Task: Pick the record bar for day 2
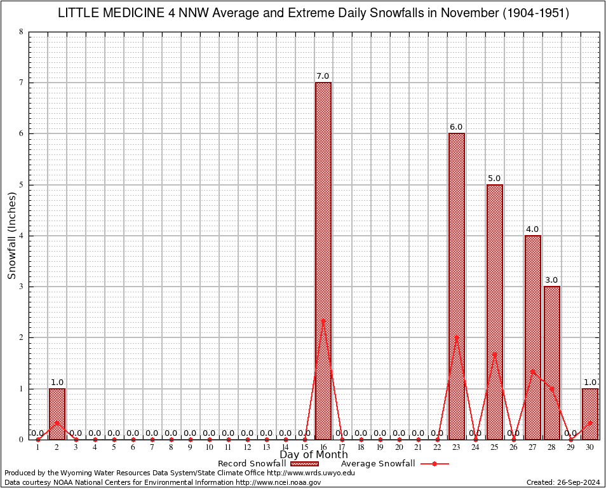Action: (x=57, y=414)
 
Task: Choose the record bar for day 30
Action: (x=590, y=414)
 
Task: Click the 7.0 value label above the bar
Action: (x=323, y=76)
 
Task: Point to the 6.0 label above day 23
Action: (x=456, y=127)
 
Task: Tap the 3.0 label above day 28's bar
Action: (x=551, y=280)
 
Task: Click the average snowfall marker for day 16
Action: (x=323, y=321)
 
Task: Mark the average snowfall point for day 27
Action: (x=533, y=371)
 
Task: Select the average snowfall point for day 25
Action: (x=495, y=354)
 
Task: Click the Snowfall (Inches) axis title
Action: (x=11, y=235)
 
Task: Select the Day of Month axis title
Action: (x=314, y=455)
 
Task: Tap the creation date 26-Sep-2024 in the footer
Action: (x=563, y=482)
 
